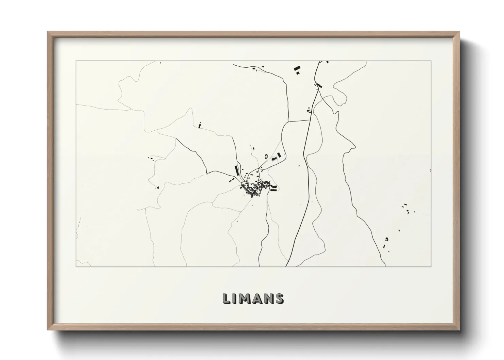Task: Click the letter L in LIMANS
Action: click(x=226, y=298)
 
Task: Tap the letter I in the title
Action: click(x=236, y=298)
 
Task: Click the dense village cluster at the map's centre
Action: click(x=254, y=189)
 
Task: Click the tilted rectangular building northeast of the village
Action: click(x=279, y=155)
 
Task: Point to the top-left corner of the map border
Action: click(x=76, y=61)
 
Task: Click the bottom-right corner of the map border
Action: click(x=431, y=266)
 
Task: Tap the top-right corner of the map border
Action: click(x=431, y=61)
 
